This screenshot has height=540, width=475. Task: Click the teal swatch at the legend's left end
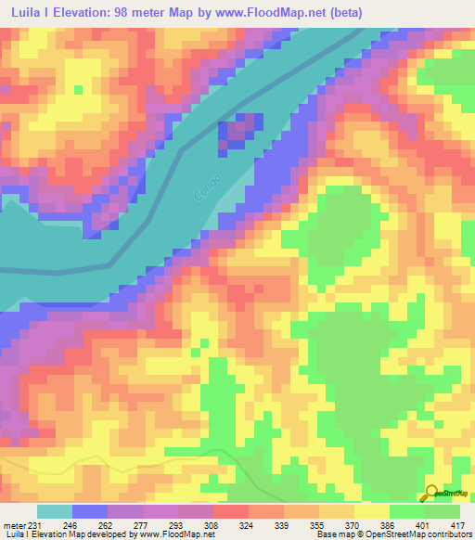tap(55, 511)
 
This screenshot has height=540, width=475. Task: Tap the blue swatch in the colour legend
tap(90, 511)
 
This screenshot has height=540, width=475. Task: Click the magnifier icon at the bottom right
tap(432, 495)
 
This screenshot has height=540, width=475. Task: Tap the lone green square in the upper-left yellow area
tap(78, 90)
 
